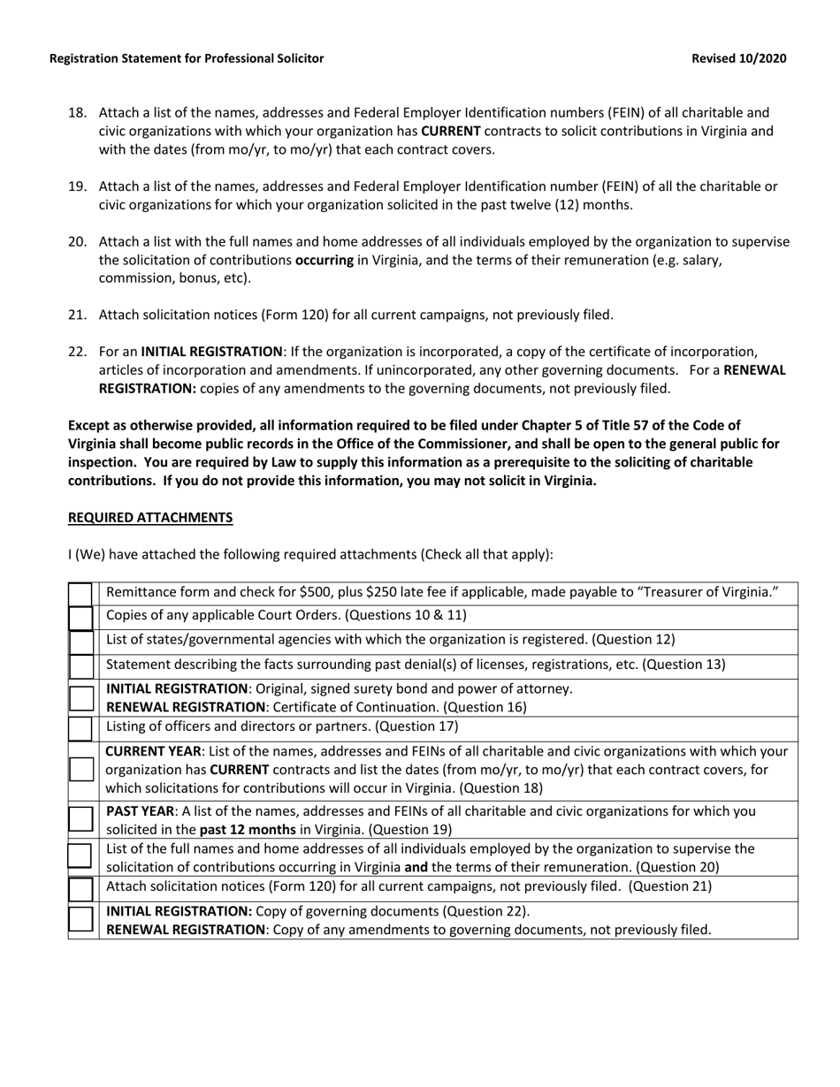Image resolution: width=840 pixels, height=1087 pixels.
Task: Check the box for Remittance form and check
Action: [x=80, y=593]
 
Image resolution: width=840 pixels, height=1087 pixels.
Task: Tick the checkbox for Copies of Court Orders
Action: [x=80, y=617]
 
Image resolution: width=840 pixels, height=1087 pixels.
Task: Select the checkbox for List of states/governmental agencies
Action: [x=80, y=641]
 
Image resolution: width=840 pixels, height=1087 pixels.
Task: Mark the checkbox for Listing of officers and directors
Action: [x=80, y=728]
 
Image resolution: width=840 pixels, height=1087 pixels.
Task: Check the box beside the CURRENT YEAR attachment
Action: [x=80, y=769]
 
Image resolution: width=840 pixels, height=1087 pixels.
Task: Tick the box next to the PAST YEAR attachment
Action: [x=80, y=819]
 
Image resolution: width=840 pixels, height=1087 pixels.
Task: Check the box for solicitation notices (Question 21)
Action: [x=80, y=887]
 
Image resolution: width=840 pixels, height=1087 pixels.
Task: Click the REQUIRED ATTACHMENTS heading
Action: [x=150, y=518]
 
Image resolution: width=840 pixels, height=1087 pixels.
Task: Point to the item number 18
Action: [x=77, y=113]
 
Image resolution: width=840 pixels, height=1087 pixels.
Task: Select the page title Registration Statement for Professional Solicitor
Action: [x=187, y=58]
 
